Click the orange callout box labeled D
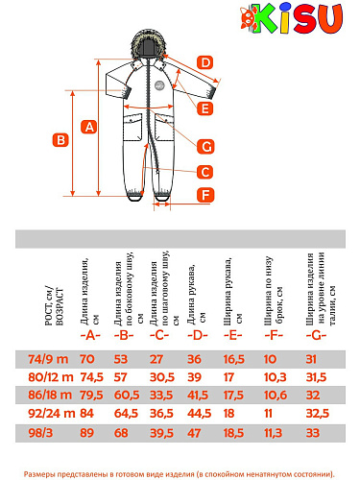tap(204, 62)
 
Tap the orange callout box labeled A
tap(89, 127)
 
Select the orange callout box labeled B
tap(60, 140)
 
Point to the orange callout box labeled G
tap(205, 147)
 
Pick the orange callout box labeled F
tap(205, 195)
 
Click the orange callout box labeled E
tap(204, 108)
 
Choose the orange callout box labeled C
tap(204, 172)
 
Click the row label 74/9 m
tap(48, 359)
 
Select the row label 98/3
tap(40, 433)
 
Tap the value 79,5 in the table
tap(91, 395)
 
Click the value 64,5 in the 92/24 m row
tap(126, 414)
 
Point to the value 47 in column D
tap(194, 433)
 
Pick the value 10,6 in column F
tap(276, 395)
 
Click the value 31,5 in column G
tap(316, 377)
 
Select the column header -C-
tap(159, 335)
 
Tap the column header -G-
tap(316, 335)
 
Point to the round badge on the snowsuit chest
tap(159, 85)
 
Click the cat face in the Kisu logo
tap(249, 18)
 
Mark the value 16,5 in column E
tap(233, 359)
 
